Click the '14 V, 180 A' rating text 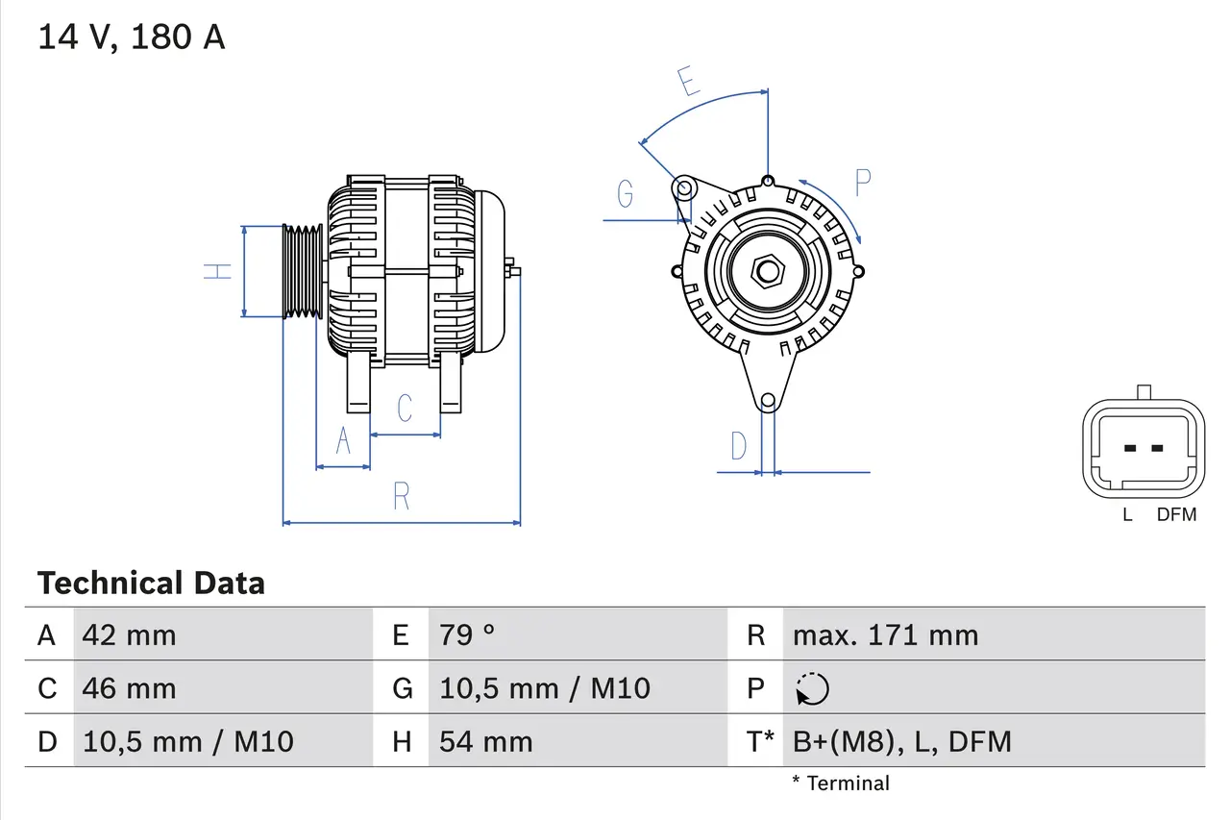pos(132,37)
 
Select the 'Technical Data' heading pos(151,583)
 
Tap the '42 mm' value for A pos(129,634)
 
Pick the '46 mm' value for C pos(129,688)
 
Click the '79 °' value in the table pos(467,634)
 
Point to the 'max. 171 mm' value pos(885,634)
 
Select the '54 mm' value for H pos(485,741)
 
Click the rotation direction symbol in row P pos(812,688)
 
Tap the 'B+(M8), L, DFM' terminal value pos(901,741)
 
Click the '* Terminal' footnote pos(841,783)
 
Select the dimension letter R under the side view pos(402,496)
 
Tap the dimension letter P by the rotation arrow pos(862,182)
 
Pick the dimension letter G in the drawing pos(626,193)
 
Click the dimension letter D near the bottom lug pos(738,446)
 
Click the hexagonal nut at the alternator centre pos(766,271)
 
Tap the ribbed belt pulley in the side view pos(303,271)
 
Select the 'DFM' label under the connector pos(1176,514)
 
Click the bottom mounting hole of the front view pos(767,400)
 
